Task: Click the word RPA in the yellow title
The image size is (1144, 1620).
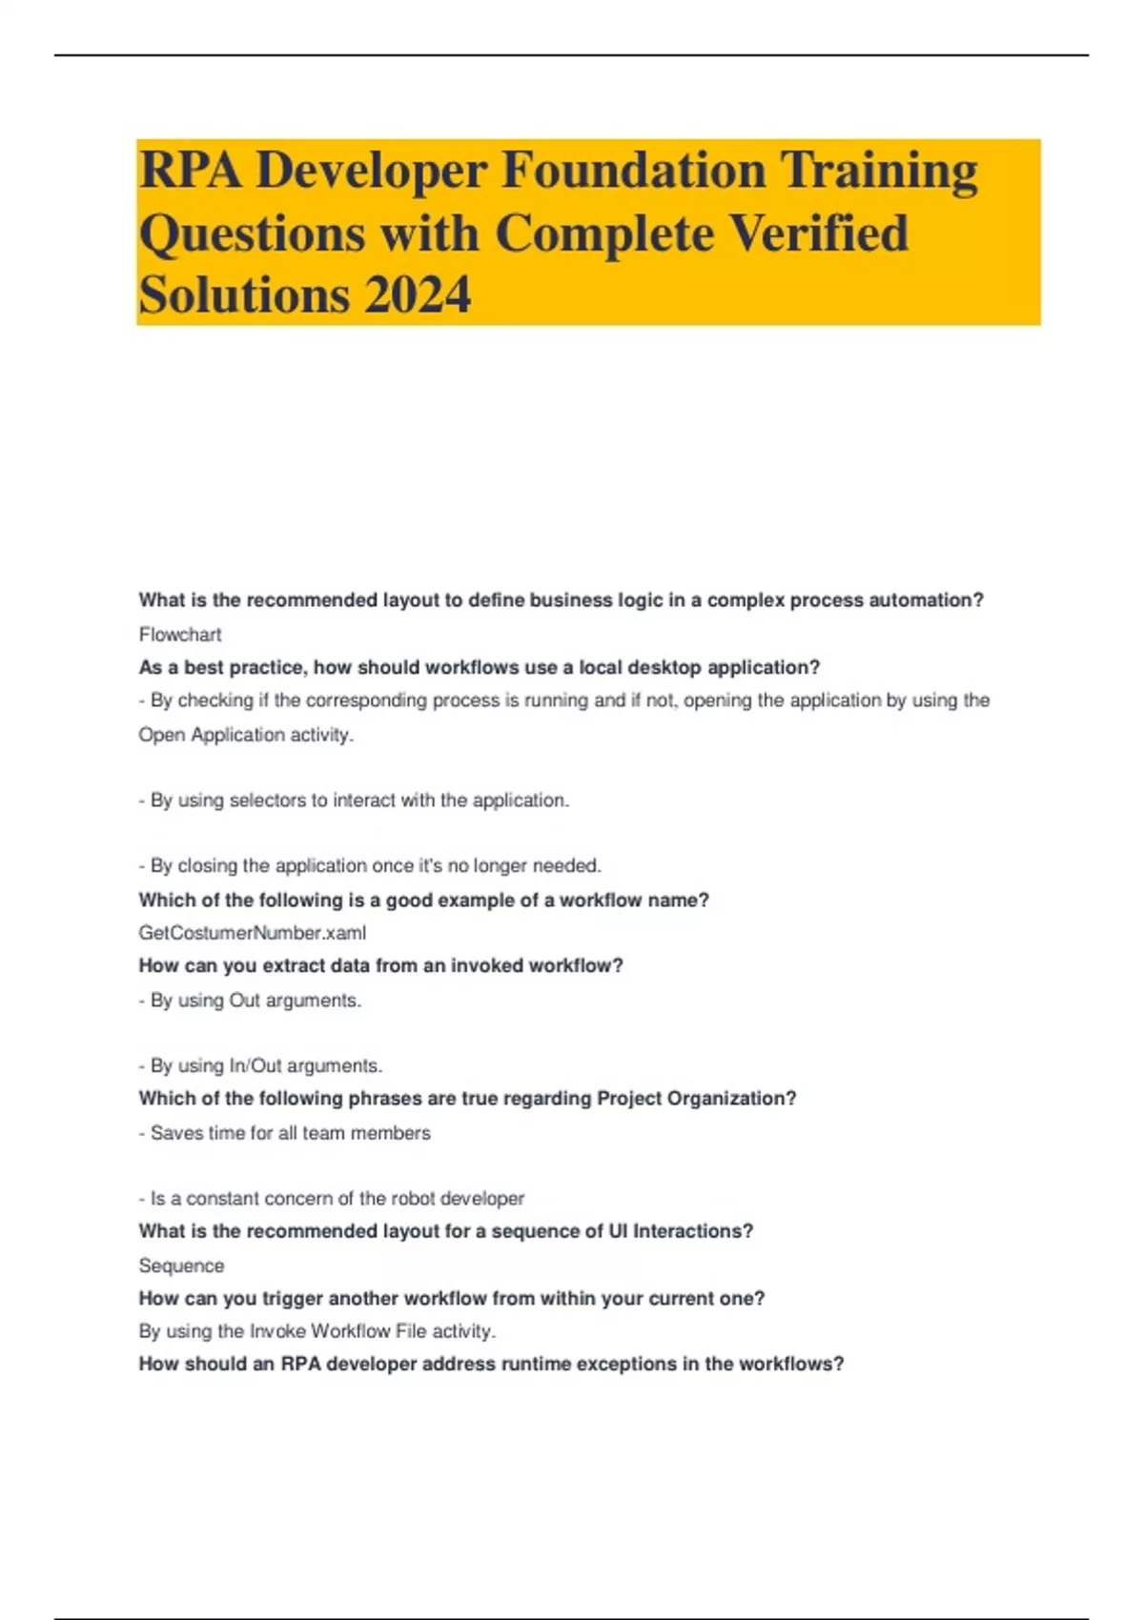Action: click(x=190, y=171)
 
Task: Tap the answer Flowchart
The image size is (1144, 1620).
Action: click(x=180, y=635)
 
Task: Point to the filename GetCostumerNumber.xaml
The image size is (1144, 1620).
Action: click(x=253, y=933)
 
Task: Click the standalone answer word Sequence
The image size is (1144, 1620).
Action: click(x=181, y=1266)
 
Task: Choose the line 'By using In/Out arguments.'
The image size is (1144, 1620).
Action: click(x=260, y=1065)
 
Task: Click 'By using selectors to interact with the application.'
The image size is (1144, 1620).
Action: click(x=354, y=800)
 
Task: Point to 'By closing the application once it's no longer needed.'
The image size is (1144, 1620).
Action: click(x=370, y=866)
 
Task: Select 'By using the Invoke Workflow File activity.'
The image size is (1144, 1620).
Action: click(x=317, y=1331)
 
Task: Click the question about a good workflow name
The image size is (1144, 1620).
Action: click(x=424, y=900)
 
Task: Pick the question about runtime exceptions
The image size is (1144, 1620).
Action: click(x=491, y=1364)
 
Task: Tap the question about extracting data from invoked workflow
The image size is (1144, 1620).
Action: click(x=381, y=965)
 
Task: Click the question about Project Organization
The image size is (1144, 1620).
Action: click(x=467, y=1098)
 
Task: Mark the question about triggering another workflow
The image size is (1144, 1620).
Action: click(x=452, y=1298)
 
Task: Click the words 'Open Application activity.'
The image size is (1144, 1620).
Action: click(x=246, y=735)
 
